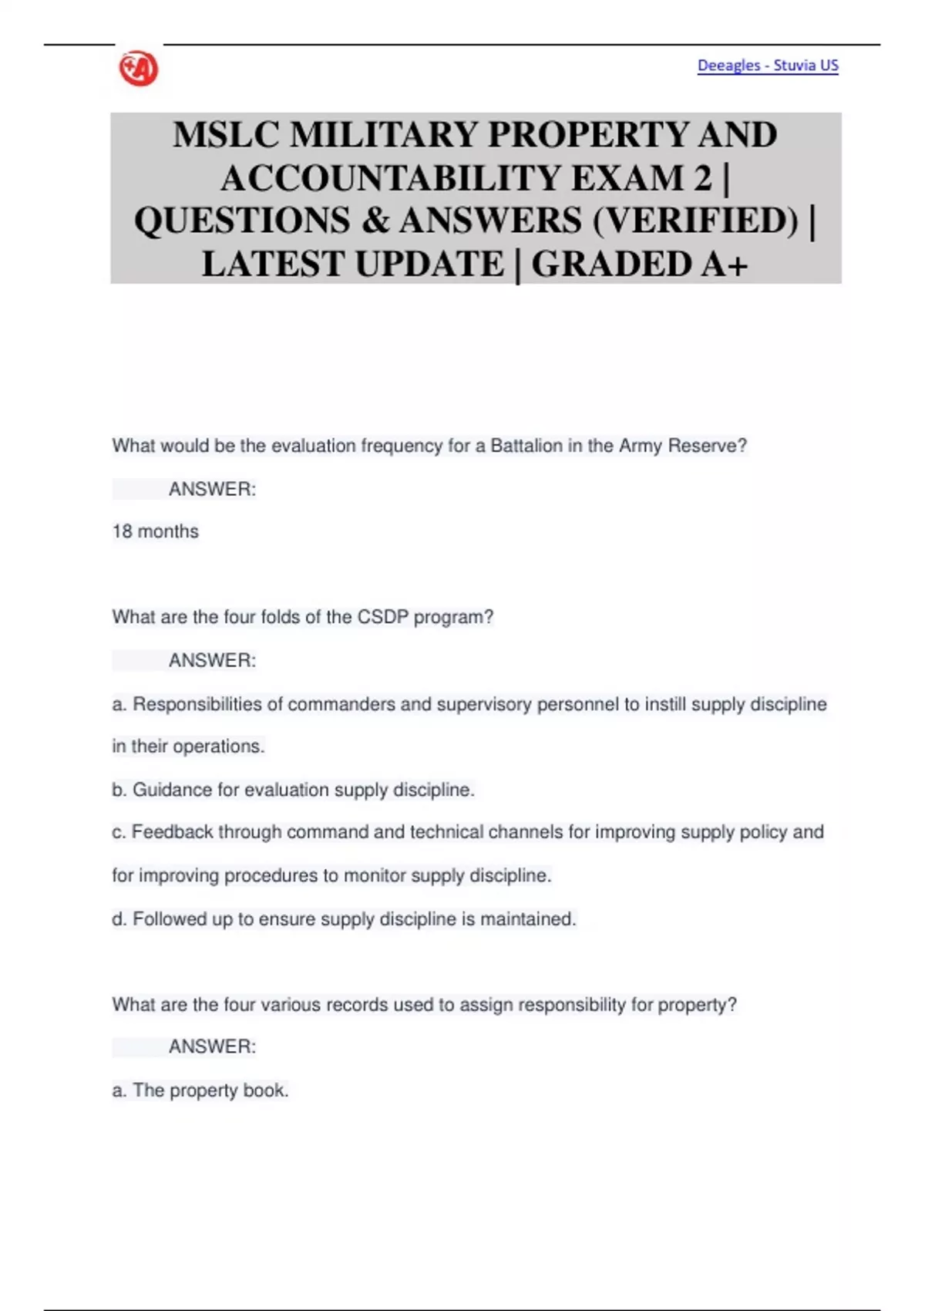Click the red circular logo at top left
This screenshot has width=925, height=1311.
[x=139, y=69]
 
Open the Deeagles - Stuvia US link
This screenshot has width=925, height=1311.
[x=767, y=66]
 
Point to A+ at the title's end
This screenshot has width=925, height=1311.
[x=725, y=265]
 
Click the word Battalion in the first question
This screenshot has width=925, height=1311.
[x=526, y=446]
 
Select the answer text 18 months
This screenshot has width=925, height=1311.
[x=155, y=531]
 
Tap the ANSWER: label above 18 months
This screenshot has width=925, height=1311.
[x=212, y=489]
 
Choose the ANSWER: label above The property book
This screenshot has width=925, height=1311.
[x=212, y=1046]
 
